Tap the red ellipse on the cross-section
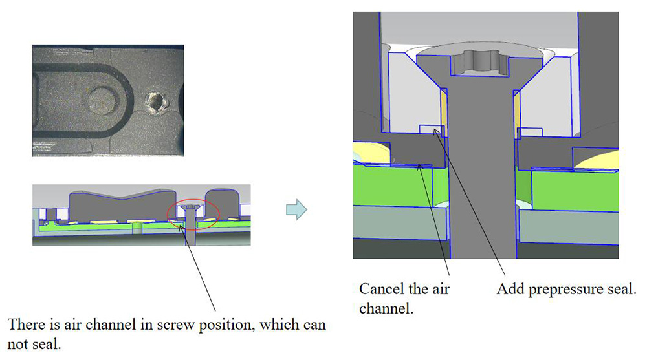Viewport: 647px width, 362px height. [x=193, y=213]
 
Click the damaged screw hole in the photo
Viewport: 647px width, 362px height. [x=156, y=101]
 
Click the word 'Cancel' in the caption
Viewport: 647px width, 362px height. [x=379, y=289]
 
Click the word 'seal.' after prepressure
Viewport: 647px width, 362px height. [x=622, y=289]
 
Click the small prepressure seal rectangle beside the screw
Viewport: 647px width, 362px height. [x=430, y=129]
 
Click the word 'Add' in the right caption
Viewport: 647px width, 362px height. [x=509, y=289]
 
